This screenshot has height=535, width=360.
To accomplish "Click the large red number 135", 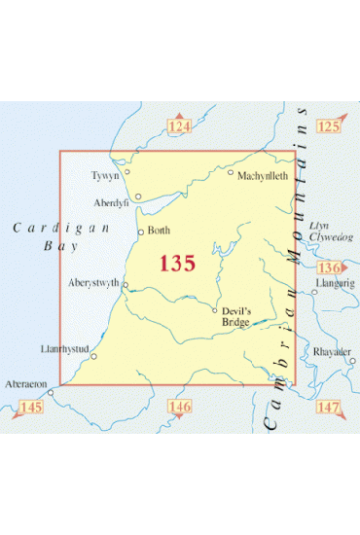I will pyautogui.click(x=177, y=263).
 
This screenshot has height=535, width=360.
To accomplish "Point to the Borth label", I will pyautogui.click(x=160, y=232).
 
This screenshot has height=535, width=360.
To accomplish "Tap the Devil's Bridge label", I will pyautogui.click(x=234, y=316).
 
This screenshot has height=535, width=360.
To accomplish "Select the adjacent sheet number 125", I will pyautogui.click(x=329, y=127).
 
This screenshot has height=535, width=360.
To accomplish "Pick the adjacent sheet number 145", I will pyautogui.click(x=31, y=405).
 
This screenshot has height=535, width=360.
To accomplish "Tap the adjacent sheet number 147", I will pyautogui.click(x=329, y=405).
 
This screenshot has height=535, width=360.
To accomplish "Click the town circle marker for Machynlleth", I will pyautogui.click(x=231, y=172).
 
